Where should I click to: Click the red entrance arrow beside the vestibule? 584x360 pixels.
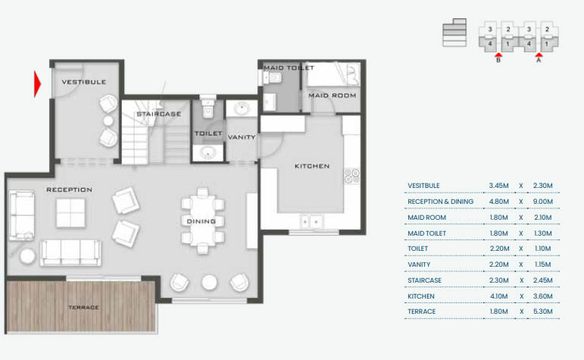[x=36, y=83]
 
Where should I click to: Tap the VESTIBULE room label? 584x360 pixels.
[x=83, y=82]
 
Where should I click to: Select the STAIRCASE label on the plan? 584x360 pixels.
[x=158, y=114]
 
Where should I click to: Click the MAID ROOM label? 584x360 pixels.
[x=332, y=95]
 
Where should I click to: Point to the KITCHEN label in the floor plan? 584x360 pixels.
[x=312, y=166]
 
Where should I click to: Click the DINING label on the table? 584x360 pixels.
[x=201, y=221]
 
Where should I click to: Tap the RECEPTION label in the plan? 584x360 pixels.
[x=69, y=189]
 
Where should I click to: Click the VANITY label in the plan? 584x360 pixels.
[x=242, y=137]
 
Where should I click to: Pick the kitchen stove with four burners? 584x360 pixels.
[x=351, y=176]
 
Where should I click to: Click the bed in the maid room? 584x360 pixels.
[x=333, y=74]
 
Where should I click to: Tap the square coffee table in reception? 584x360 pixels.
[x=70, y=213]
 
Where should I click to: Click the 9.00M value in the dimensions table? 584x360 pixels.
[x=543, y=202]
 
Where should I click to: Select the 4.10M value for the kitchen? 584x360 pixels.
[x=499, y=296]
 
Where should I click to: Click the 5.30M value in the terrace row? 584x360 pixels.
[x=543, y=311]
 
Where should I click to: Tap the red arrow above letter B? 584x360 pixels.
[x=498, y=55]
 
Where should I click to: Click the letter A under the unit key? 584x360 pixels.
[x=539, y=63]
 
